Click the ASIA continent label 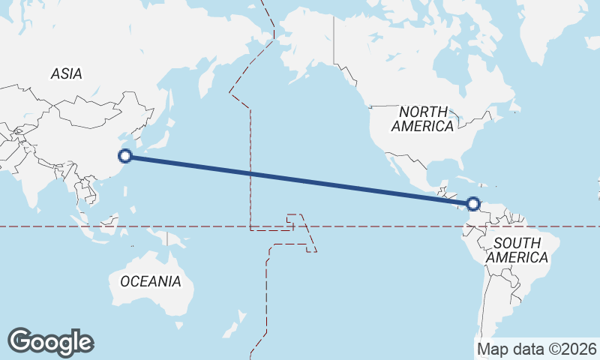click(66, 73)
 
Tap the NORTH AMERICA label click(422, 119)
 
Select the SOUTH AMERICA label click(517, 250)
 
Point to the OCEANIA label click(150, 281)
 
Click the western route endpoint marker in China click(126, 156)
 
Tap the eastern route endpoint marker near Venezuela click(472, 203)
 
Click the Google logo click(50, 342)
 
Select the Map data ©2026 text click(537, 349)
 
